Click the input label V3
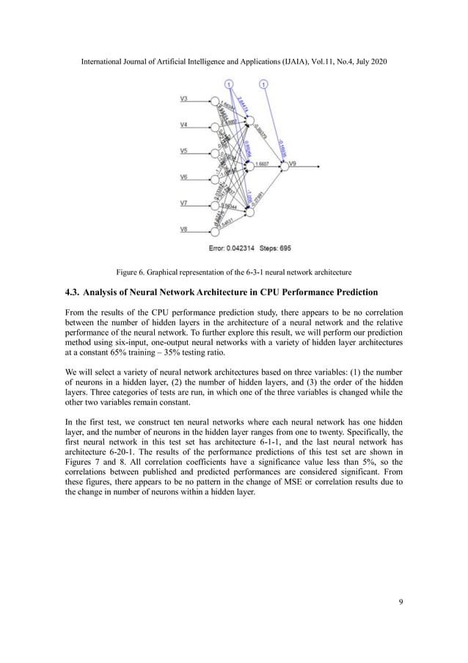coord(184,98)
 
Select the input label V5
coord(184,151)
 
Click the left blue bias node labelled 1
coord(230,84)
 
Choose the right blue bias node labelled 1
coord(264,84)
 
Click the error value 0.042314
coord(242,247)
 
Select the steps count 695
coord(283,247)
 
